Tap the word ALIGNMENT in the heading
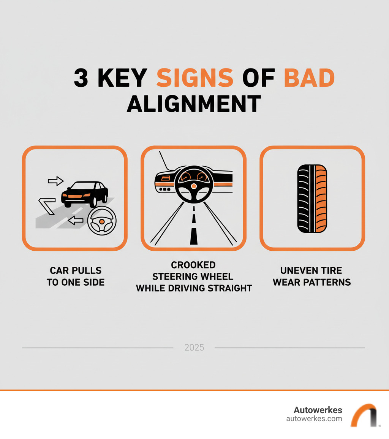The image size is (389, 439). click(194, 103)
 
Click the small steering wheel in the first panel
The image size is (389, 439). click(101, 221)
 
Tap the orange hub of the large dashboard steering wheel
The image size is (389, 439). click(194, 186)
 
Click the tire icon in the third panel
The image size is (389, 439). click(312, 198)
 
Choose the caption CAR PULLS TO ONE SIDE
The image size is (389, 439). click(76, 277)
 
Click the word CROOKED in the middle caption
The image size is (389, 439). click(193, 265)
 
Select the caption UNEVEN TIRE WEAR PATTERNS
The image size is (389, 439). click(312, 277)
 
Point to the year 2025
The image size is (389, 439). click(194, 347)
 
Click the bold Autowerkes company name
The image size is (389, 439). click(318, 410)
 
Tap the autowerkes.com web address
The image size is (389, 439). click(314, 419)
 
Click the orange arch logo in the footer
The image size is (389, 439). click(364, 415)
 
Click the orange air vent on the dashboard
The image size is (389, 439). click(165, 178)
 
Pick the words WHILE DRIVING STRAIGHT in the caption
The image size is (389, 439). click(194, 288)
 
